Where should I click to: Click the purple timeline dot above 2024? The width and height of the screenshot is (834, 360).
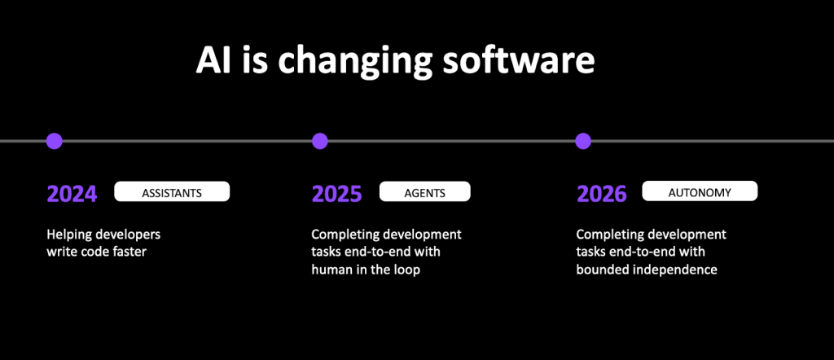tap(55, 141)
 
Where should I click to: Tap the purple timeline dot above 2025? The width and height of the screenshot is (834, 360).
tap(319, 141)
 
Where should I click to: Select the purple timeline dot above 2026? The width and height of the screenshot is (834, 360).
tap(583, 141)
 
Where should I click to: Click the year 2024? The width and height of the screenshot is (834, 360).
tap(72, 195)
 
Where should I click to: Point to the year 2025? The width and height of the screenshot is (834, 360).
tap(337, 195)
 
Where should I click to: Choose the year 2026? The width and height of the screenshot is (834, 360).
tap(602, 195)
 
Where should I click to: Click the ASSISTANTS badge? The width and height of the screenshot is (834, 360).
tap(172, 191)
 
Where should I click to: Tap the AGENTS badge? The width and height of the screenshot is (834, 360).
tap(425, 191)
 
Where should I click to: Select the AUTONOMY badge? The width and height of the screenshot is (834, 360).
tap(700, 191)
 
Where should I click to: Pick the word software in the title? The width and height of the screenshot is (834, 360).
tap(520, 60)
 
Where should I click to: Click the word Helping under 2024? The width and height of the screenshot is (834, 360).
tap(68, 235)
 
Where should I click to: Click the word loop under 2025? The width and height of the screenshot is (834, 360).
tap(407, 270)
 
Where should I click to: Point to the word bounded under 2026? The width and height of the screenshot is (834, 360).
tap(602, 270)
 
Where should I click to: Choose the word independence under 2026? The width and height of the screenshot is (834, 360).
tap(675, 270)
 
